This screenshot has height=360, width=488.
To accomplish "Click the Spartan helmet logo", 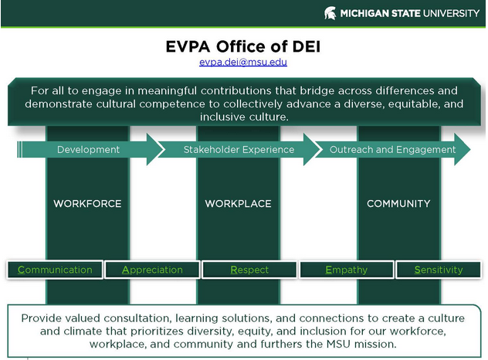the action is click(330, 13).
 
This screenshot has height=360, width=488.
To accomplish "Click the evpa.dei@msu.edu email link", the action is click(243, 62).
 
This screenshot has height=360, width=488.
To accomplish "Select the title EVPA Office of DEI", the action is click(243, 46).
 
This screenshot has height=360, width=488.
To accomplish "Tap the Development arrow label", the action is click(88, 149).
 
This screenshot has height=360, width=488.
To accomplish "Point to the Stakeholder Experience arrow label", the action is click(239, 149).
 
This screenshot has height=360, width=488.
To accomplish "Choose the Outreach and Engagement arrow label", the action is click(392, 149).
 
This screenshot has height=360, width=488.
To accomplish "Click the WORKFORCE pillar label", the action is click(87, 204).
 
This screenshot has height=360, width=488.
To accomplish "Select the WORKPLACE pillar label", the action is click(238, 204).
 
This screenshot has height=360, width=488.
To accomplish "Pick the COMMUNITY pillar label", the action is click(398, 204).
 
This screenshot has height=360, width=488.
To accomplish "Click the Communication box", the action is click(55, 270).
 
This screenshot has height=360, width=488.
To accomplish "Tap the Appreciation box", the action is click(152, 270).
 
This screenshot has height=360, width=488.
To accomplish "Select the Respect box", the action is click(249, 270).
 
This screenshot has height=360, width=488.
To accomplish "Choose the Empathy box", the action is click(347, 270).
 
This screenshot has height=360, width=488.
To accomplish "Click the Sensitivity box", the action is click(439, 270).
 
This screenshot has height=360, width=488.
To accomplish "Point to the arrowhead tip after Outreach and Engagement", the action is click(470, 149).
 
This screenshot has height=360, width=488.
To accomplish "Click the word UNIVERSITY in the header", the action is click(451, 13).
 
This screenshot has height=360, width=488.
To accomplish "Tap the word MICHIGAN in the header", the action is click(364, 13).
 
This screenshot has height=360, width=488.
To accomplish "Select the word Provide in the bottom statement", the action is click(39, 318).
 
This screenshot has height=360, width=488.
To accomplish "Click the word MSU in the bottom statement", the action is click(338, 344).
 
